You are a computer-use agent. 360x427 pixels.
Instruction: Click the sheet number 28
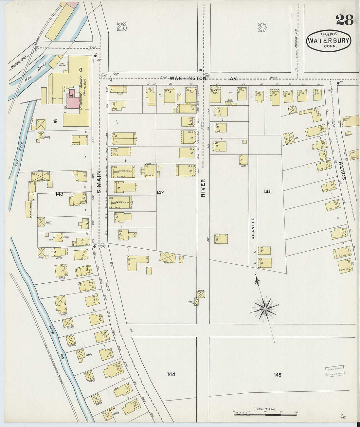tap(344, 20)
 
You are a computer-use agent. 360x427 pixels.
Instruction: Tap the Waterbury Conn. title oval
tap(329, 41)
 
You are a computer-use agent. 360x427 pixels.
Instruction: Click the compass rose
tap(265, 308)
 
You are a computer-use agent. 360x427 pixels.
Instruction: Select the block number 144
tap(171, 374)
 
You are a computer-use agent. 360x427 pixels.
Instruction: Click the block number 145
tap(278, 375)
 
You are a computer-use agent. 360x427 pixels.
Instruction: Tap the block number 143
tap(59, 194)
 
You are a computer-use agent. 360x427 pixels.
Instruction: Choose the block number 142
tap(160, 192)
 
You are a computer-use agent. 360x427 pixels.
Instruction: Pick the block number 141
tap(267, 191)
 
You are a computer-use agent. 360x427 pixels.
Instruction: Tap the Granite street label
tap(253, 228)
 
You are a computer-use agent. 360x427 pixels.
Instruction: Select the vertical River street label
tap(203, 187)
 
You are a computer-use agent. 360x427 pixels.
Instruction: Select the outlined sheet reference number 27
tap(262, 27)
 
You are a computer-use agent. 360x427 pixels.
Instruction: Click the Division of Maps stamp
tap(334, 371)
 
